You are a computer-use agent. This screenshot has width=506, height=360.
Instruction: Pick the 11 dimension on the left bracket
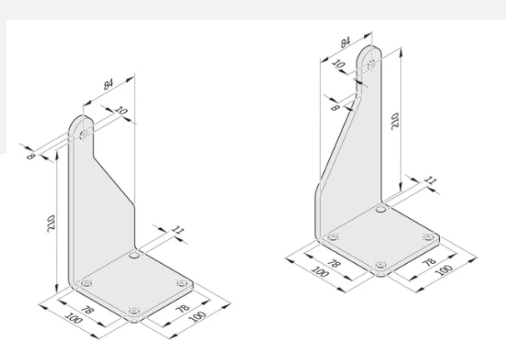(177, 229)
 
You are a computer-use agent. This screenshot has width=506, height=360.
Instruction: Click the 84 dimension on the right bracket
(345, 40)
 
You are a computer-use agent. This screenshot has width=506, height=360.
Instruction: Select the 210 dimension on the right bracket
(396, 122)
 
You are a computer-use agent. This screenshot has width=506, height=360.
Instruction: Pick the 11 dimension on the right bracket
(429, 180)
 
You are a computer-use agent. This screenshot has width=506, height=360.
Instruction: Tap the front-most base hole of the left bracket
(134, 314)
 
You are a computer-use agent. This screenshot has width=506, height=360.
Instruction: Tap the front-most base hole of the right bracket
(381, 266)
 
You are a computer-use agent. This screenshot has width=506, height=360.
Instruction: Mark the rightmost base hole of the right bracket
(430, 238)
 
